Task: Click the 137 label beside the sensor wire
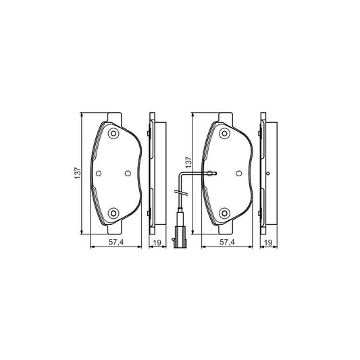coord(190,163)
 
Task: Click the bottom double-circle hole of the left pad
coord(113,215)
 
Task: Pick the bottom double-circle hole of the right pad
coord(225,215)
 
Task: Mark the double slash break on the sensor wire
coord(179,196)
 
